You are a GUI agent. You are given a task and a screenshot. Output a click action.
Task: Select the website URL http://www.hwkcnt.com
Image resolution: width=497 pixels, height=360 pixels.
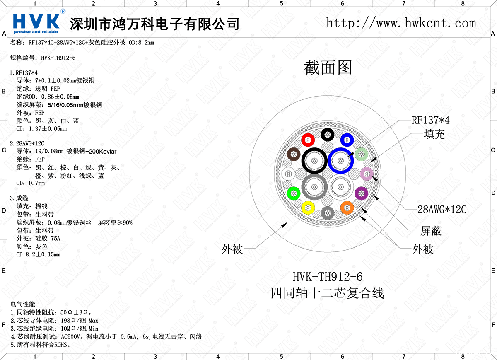[x=401, y=23]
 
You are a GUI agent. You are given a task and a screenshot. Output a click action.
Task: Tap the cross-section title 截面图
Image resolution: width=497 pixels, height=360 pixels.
[x=328, y=68]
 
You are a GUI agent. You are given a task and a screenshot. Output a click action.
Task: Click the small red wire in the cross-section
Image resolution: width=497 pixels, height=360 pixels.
[x=308, y=140]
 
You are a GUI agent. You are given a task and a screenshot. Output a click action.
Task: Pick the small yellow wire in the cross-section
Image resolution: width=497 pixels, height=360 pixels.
[x=308, y=208]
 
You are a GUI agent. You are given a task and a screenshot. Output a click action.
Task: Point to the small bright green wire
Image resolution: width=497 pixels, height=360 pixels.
[x=293, y=193]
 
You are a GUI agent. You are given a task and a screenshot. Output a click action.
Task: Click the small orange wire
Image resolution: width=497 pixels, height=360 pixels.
[x=347, y=208]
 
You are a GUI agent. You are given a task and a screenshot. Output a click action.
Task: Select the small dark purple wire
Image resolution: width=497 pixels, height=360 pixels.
[x=362, y=193]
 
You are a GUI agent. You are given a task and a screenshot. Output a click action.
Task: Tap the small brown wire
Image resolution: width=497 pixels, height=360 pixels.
[x=293, y=154]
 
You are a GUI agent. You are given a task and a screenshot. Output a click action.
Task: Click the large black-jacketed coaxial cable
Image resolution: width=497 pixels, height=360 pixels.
[x=303, y=161]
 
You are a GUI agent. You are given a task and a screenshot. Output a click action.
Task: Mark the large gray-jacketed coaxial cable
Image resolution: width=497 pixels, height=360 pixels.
[x=303, y=187]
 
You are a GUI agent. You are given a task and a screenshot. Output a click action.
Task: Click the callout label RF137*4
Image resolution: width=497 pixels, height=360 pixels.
[x=430, y=120]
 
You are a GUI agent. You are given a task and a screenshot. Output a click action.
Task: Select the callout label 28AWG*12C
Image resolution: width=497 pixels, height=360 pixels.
[x=442, y=209]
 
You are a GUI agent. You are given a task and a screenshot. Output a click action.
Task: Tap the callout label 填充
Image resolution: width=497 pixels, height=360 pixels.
[x=434, y=134]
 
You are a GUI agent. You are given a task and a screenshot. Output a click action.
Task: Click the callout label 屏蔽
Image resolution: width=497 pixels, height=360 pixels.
[x=431, y=231]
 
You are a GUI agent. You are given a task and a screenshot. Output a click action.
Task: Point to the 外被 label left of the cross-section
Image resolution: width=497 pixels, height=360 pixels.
[x=232, y=249]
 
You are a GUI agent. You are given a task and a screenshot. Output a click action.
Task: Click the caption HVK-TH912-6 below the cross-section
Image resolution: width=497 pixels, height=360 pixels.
[x=328, y=277]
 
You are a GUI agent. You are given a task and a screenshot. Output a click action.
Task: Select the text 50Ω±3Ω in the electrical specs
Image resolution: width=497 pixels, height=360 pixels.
[x=74, y=312]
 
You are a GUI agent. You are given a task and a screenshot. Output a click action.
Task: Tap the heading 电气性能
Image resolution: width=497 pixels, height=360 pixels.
[x=23, y=304]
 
